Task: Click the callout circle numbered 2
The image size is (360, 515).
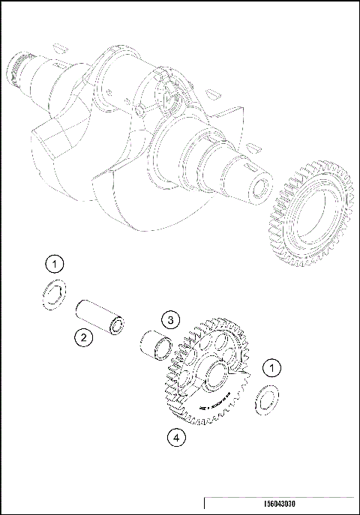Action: (84, 338)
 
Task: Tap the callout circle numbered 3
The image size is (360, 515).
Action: (171, 321)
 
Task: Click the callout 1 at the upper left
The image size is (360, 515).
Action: (54, 263)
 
